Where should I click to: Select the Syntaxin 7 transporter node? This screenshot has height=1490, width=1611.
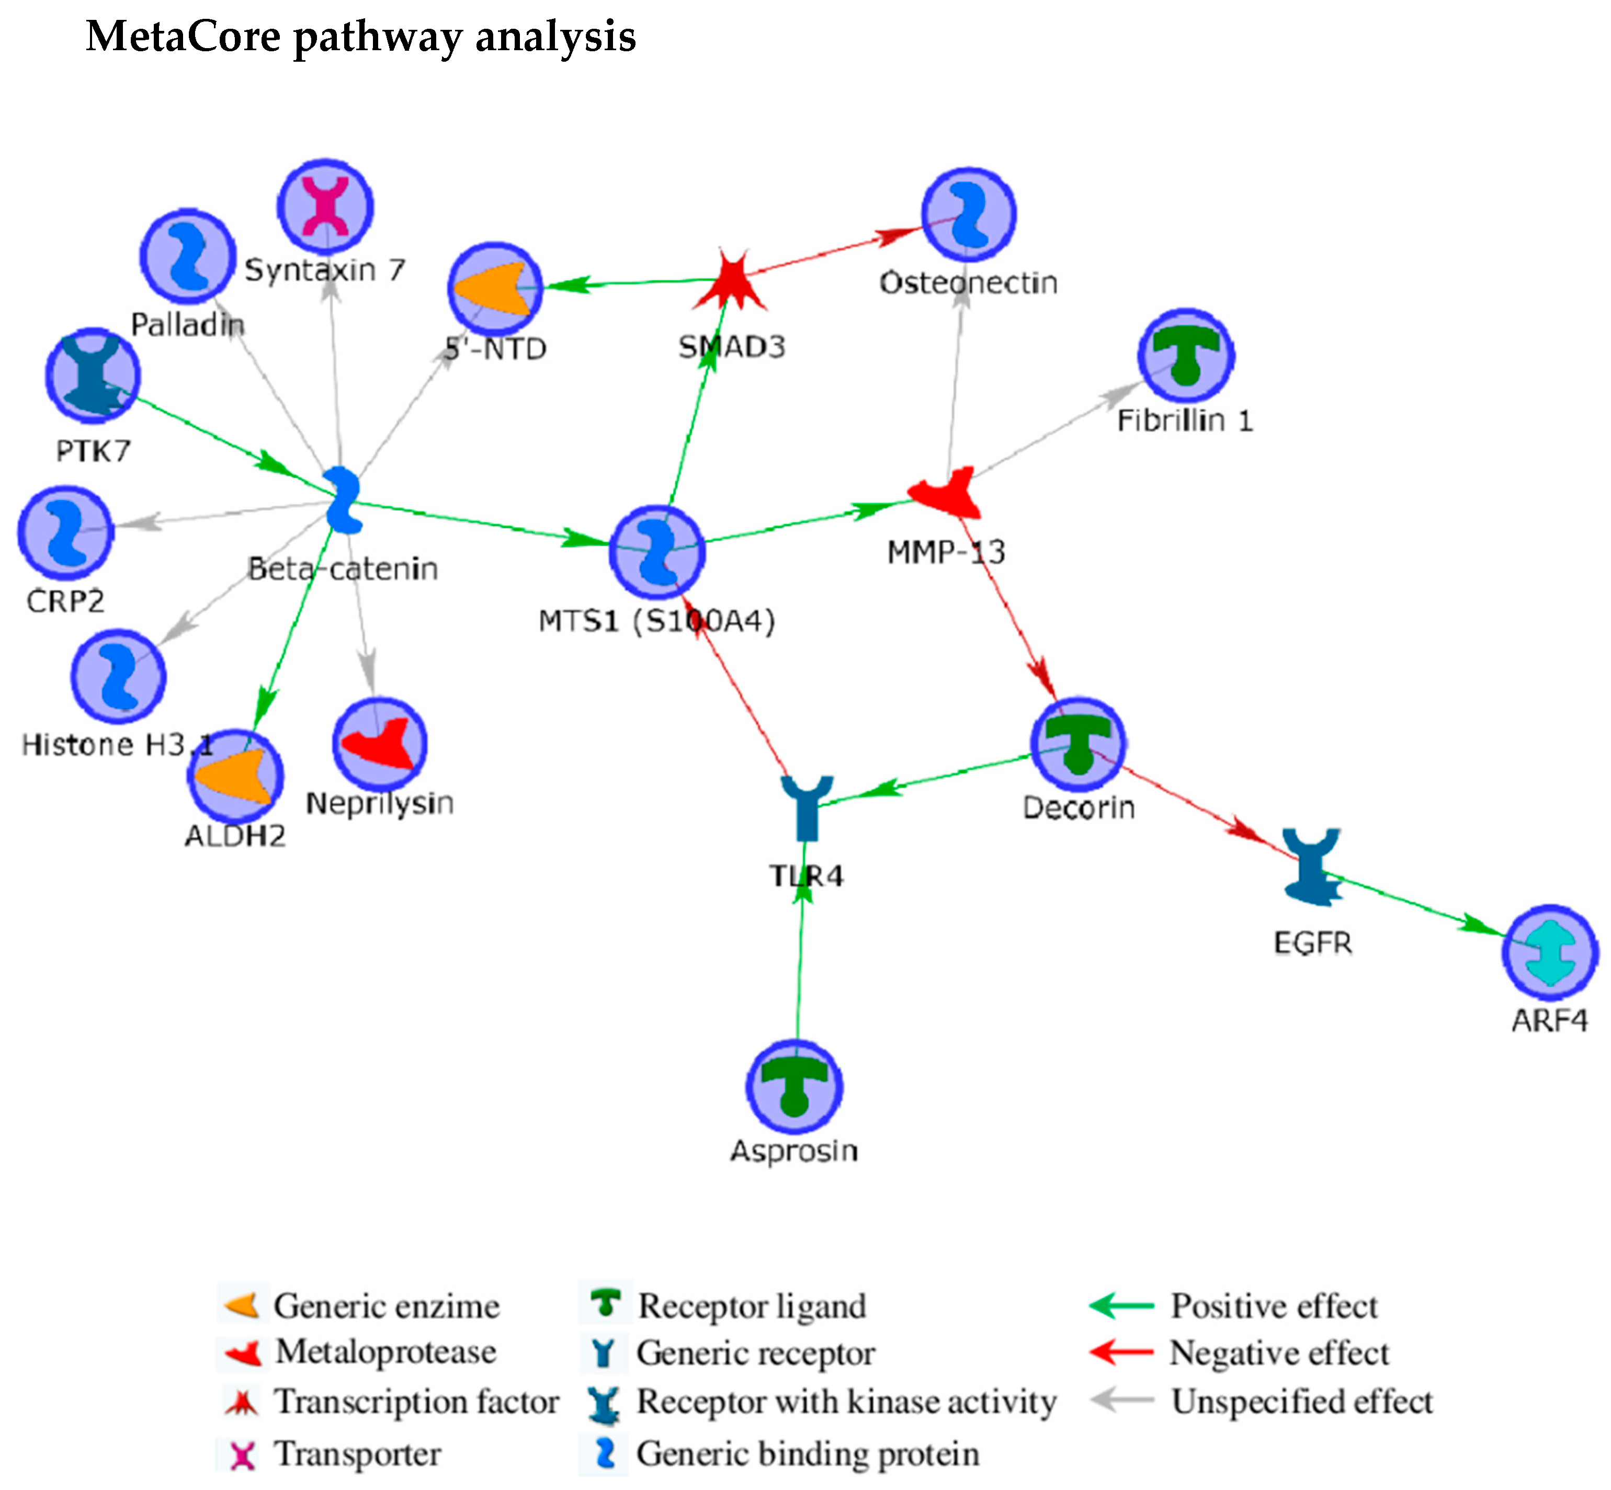click(326, 207)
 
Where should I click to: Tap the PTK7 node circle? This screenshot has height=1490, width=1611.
click(93, 376)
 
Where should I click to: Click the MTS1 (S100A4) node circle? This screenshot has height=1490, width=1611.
click(657, 552)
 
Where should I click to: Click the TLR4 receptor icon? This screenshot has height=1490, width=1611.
click(807, 809)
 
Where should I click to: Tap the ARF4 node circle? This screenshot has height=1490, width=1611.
click(1550, 953)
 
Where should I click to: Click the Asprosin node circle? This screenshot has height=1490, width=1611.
click(794, 1087)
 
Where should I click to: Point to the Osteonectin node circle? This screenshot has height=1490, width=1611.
click(968, 214)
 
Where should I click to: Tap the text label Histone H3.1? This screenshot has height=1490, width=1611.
click(118, 744)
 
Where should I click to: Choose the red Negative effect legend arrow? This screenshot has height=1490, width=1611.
click(1121, 1352)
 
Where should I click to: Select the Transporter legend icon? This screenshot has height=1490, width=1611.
click(242, 1454)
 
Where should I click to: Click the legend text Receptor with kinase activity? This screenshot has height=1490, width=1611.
click(847, 1402)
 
